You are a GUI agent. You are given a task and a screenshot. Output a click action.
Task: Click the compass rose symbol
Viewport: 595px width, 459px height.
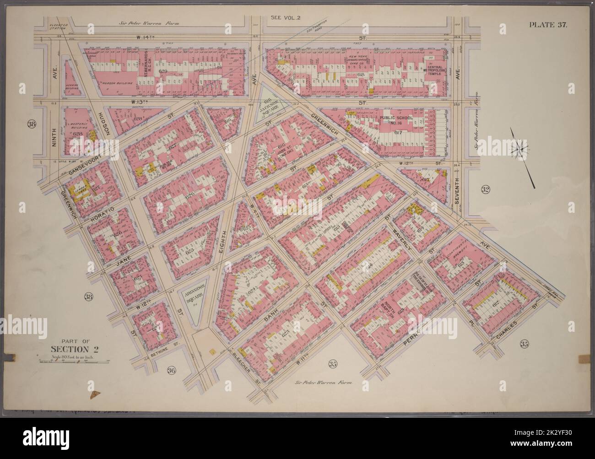click(523, 149)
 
